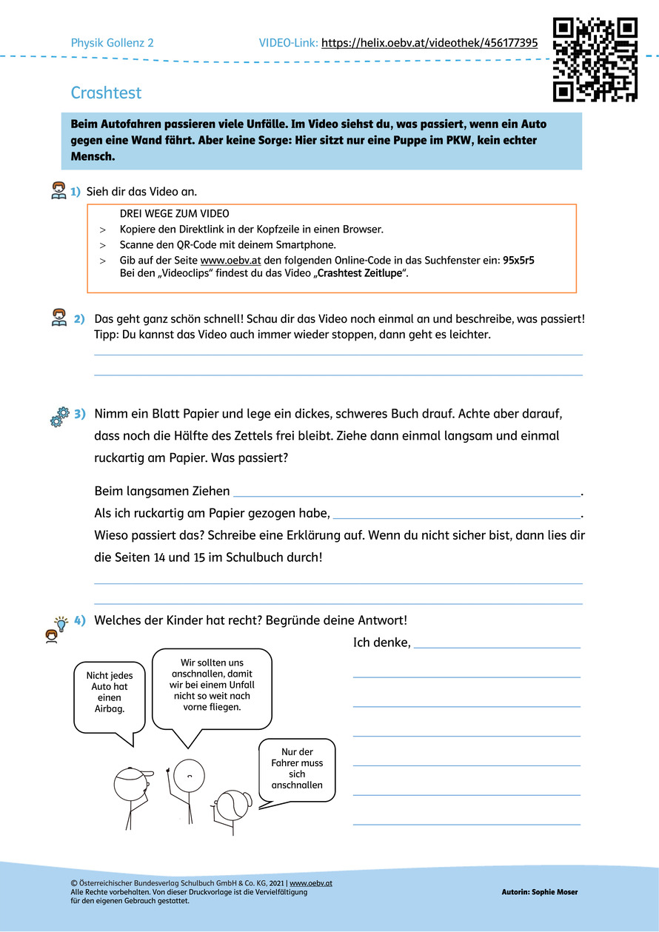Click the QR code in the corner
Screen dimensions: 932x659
tap(595, 59)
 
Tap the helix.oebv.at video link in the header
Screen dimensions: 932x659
tap(429, 43)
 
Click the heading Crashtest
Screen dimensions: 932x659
tap(106, 93)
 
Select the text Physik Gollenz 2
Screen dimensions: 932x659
tap(112, 43)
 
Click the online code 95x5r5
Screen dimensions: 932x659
tap(518, 260)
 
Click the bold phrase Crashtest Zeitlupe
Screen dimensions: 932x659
tap(361, 273)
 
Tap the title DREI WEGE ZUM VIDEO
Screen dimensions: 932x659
tap(175, 214)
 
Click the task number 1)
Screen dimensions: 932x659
tap(76, 192)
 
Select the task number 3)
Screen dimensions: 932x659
tap(80, 412)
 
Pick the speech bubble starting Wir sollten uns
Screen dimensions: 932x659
tap(212, 685)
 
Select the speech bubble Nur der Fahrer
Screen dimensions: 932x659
tap(297, 769)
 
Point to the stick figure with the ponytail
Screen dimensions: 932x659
tap(230, 811)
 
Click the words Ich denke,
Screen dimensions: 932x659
tap(381, 643)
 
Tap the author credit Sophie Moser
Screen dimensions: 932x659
tap(539, 892)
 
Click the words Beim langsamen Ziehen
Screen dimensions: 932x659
tap(162, 491)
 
